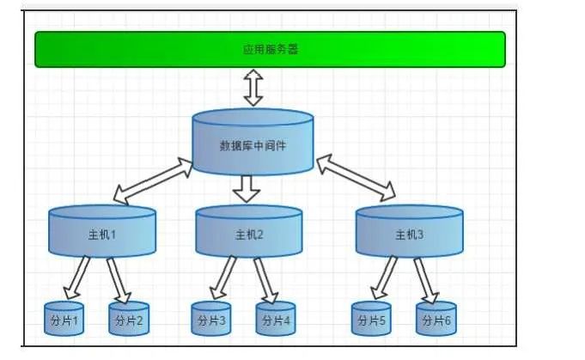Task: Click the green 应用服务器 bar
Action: coord(270,49)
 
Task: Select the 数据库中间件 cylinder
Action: coord(253,143)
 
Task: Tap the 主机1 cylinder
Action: coord(102,232)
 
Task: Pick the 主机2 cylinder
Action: coord(249,232)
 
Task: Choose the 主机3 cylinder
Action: coord(409,232)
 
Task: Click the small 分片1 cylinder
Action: coord(64,320)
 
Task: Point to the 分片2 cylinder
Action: coord(129,320)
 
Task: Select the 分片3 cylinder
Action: coord(211,320)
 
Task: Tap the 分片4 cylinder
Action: coord(276,320)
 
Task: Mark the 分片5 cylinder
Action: coord(371,320)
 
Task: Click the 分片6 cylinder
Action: coord(436,320)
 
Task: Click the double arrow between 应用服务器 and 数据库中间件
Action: coord(253,88)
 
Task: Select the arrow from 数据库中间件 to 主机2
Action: coord(247,188)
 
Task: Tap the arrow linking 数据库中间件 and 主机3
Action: coord(356,177)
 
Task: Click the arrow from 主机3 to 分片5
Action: coord(385,277)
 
